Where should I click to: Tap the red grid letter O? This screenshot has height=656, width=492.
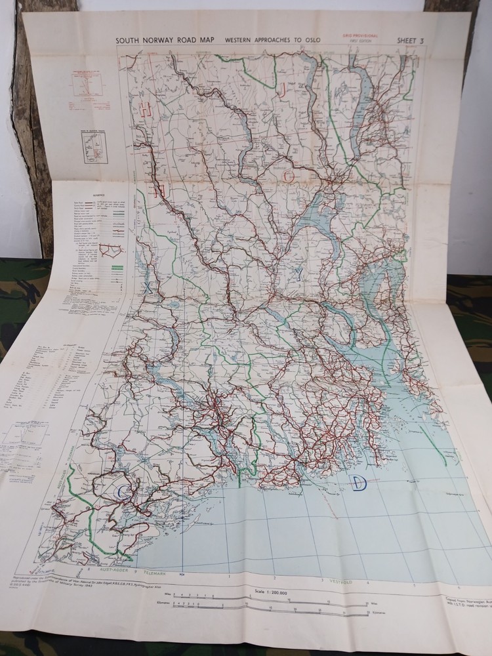coord(289,176)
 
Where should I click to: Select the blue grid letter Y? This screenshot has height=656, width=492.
coord(298,276)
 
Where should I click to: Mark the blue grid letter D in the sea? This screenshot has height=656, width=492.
coord(358,483)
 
